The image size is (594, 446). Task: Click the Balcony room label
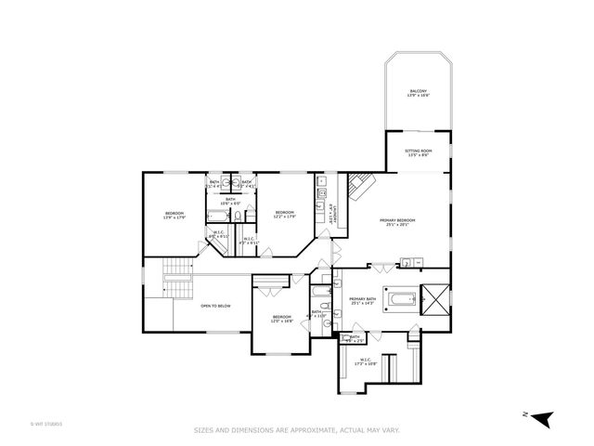(419, 93)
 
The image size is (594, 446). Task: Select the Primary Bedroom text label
(397, 222)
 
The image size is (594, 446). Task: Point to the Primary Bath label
(362, 301)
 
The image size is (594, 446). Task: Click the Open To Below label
(215, 306)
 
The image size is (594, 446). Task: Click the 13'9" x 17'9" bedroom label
(174, 216)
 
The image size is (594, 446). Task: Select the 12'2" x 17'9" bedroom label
(285, 215)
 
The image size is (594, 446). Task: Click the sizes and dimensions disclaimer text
(296, 430)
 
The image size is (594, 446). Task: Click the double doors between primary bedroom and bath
(381, 268)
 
